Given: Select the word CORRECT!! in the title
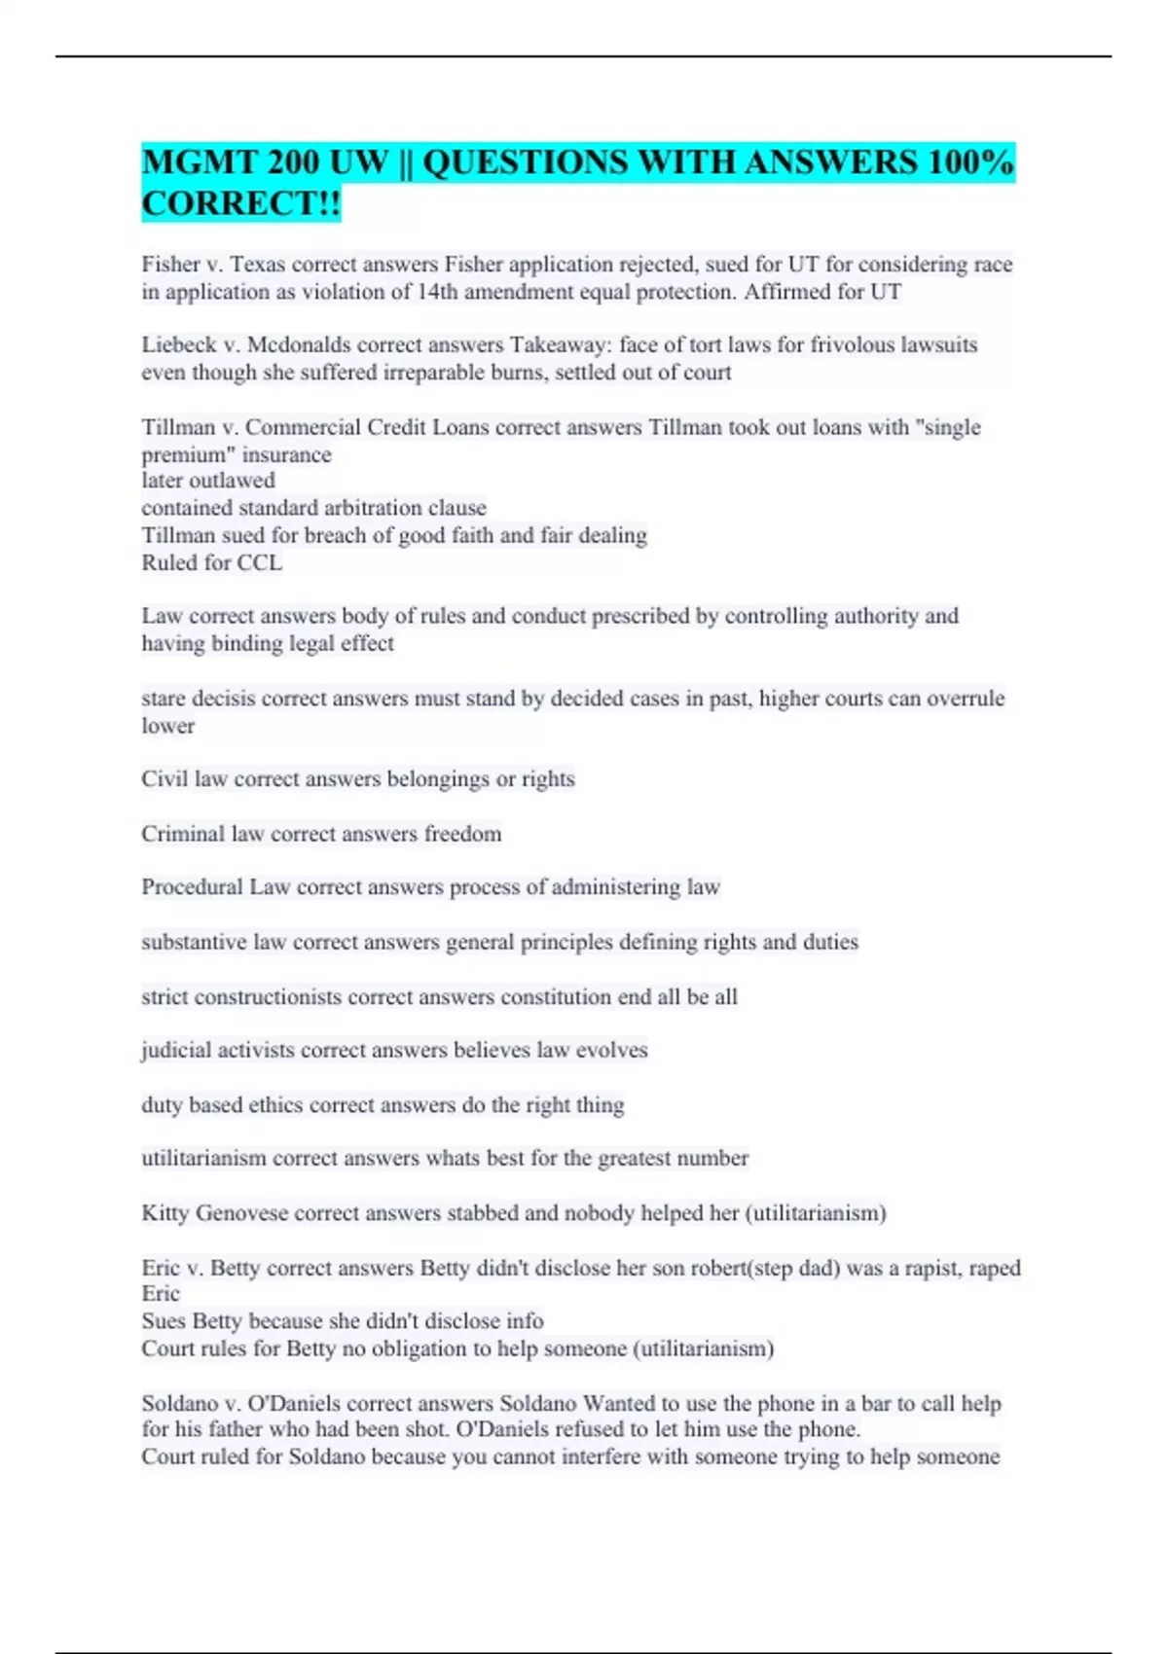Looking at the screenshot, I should pyautogui.click(x=241, y=204).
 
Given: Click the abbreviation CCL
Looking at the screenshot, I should pyautogui.click(x=260, y=563).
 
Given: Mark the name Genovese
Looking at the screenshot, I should pyautogui.click(x=242, y=1213).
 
